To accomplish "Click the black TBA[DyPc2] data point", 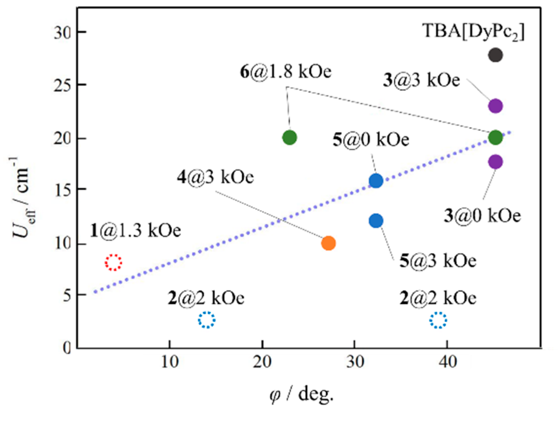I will click(x=495, y=55).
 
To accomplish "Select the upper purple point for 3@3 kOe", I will click(x=495, y=106).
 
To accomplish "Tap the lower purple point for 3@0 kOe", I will click(x=495, y=162).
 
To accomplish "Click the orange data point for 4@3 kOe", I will click(x=328, y=243).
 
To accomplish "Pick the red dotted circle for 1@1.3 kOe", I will click(x=113, y=262).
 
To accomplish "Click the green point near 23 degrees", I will click(x=290, y=137).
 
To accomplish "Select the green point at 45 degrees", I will click(x=495, y=137).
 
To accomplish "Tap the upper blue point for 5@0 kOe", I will click(x=376, y=181).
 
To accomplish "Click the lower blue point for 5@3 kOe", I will click(x=376, y=221).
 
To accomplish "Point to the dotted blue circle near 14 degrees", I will click(x=206, y=320).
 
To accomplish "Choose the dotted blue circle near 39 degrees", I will click(x=438, y=320).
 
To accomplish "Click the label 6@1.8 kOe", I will click(x=285, y=72).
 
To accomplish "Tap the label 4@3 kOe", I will click(x=215, y=177).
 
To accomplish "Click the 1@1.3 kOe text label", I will click(x=136, y=231).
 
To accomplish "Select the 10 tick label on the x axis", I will click(x=170, y=362).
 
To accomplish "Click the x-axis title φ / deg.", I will click(x=302, y=395).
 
